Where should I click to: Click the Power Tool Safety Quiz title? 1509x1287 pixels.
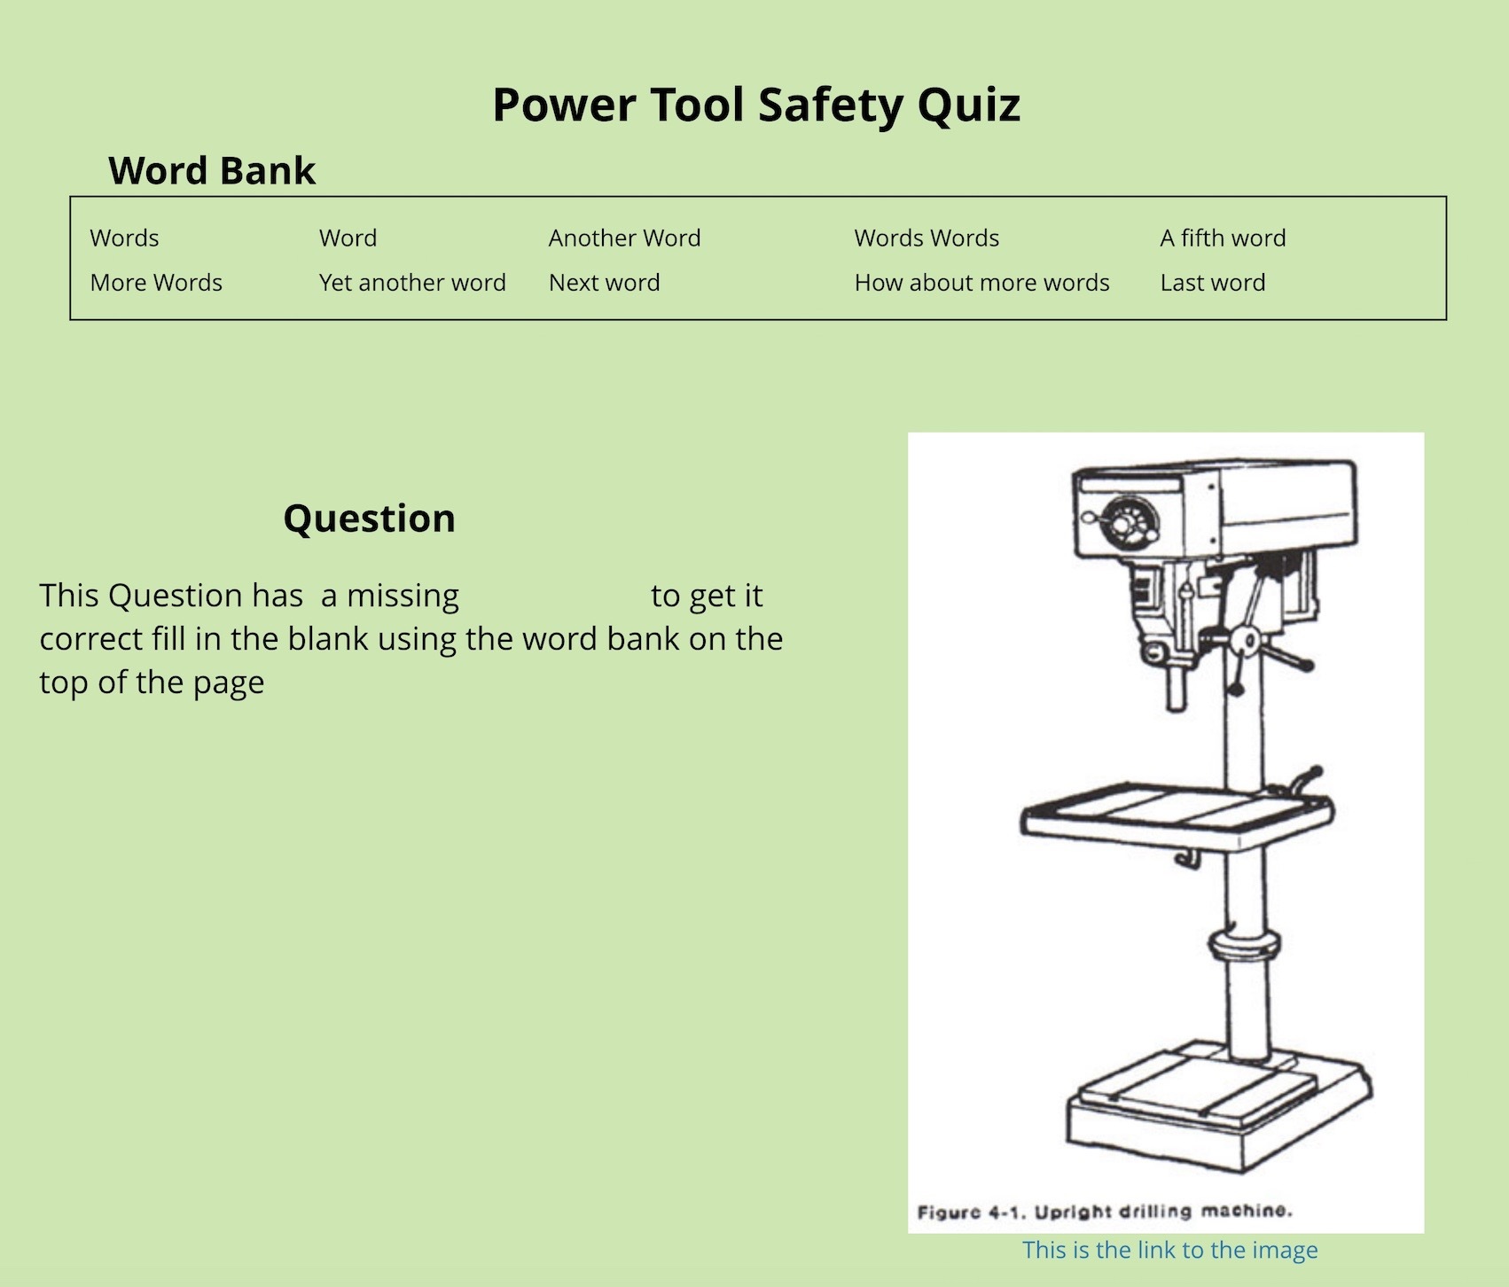[755, 105]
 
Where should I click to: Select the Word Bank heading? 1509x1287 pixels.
[211, 170]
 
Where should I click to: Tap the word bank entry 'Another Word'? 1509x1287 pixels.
[624, 238]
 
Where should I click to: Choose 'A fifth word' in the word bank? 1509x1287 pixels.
[1222, 238]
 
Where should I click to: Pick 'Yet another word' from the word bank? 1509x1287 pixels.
[412, 283]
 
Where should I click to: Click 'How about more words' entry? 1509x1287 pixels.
[981, 283]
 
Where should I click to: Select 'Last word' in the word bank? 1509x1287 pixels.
[1212, 283]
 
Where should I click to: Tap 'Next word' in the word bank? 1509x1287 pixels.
[604, 283]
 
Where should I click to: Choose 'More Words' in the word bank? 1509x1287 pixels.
[156, 283]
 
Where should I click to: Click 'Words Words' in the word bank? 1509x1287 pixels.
[926, 238]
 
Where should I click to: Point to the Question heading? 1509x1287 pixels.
[369, 519]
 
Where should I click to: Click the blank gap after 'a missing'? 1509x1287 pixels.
[555, 597]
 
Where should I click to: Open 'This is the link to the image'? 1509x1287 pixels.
[1169, 1250]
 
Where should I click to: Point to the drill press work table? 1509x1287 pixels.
[1176, 814]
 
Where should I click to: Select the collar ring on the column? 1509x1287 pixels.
[1242, 946]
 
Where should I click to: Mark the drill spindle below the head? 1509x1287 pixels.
[1176, 687]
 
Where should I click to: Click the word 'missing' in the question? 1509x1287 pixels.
[403, 597]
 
